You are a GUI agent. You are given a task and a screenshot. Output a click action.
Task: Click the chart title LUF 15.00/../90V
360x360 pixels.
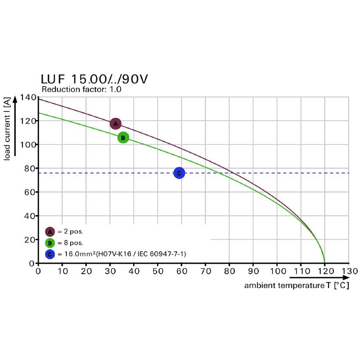tap(94, 80)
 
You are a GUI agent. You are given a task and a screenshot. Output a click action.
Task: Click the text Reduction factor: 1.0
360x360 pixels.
tap(81, 90)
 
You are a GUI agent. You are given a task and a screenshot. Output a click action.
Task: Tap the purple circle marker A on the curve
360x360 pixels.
tap(116, 124)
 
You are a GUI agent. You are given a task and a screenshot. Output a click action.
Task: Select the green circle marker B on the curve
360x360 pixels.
tap(123, 138)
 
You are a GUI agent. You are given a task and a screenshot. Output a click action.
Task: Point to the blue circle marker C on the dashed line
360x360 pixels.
tap(179, 173)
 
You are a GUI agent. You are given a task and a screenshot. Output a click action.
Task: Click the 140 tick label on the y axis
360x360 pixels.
tap(28, 98)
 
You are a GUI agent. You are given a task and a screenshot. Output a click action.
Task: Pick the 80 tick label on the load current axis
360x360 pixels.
tap(30, 168)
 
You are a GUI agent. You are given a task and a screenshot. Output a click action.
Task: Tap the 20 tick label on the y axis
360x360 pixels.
tap(30, 239)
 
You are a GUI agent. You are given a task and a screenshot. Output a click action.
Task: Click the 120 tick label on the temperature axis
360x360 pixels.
tap(324, 271)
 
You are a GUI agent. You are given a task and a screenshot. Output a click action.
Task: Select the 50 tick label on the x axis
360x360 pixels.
tap(157, 271)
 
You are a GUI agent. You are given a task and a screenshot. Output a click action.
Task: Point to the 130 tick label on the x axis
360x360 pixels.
tap(349, 271)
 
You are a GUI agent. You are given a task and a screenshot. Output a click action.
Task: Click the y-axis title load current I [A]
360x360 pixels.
tap(8, 130)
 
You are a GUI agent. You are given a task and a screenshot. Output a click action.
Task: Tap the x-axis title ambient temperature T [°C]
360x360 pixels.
tap(297, 286)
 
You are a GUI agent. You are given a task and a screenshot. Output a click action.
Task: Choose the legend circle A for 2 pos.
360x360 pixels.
tap(50, 232)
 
